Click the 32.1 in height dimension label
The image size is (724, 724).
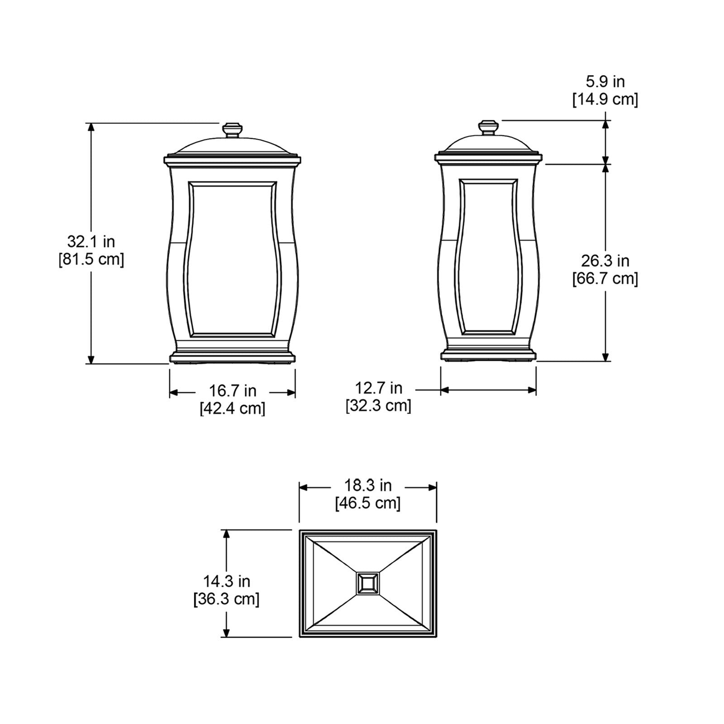91,242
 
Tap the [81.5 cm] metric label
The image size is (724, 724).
91,260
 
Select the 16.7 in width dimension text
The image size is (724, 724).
233,391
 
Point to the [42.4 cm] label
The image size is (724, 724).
233,408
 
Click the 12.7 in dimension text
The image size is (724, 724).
378,388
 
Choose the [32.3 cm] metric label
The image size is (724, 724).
378,405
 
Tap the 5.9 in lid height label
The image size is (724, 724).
605,81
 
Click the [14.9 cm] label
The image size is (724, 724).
605,99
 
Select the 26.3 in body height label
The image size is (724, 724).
605,261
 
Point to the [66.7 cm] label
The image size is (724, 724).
605,279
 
